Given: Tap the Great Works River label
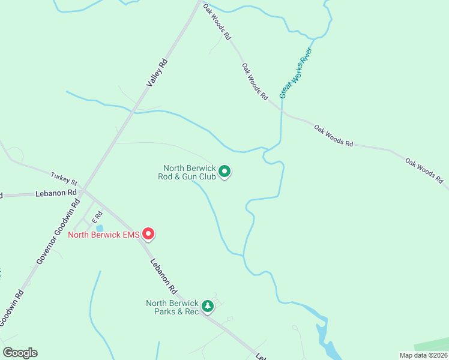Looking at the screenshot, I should pos(297,73).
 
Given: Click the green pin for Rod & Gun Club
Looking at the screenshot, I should pos(224,172).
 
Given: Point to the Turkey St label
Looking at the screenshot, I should pos(64,179).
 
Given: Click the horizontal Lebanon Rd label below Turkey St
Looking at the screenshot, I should pos(56,193).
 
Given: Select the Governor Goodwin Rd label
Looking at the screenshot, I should pos(58,231).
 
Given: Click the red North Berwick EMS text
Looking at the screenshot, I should pos(103,235).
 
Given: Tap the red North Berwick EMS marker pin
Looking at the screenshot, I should pos(148,233).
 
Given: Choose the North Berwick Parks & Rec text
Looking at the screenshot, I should pos(172,307).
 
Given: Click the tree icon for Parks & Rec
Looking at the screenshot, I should pos(208,307).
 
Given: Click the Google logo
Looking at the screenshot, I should pos(20,353).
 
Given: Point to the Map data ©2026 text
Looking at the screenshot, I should pos(423,355).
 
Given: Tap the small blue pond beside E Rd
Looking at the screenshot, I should pos(100,228).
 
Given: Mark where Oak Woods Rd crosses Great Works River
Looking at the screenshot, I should pos(282,111).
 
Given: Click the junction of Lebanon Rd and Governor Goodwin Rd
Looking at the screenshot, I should pos(84,192).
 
